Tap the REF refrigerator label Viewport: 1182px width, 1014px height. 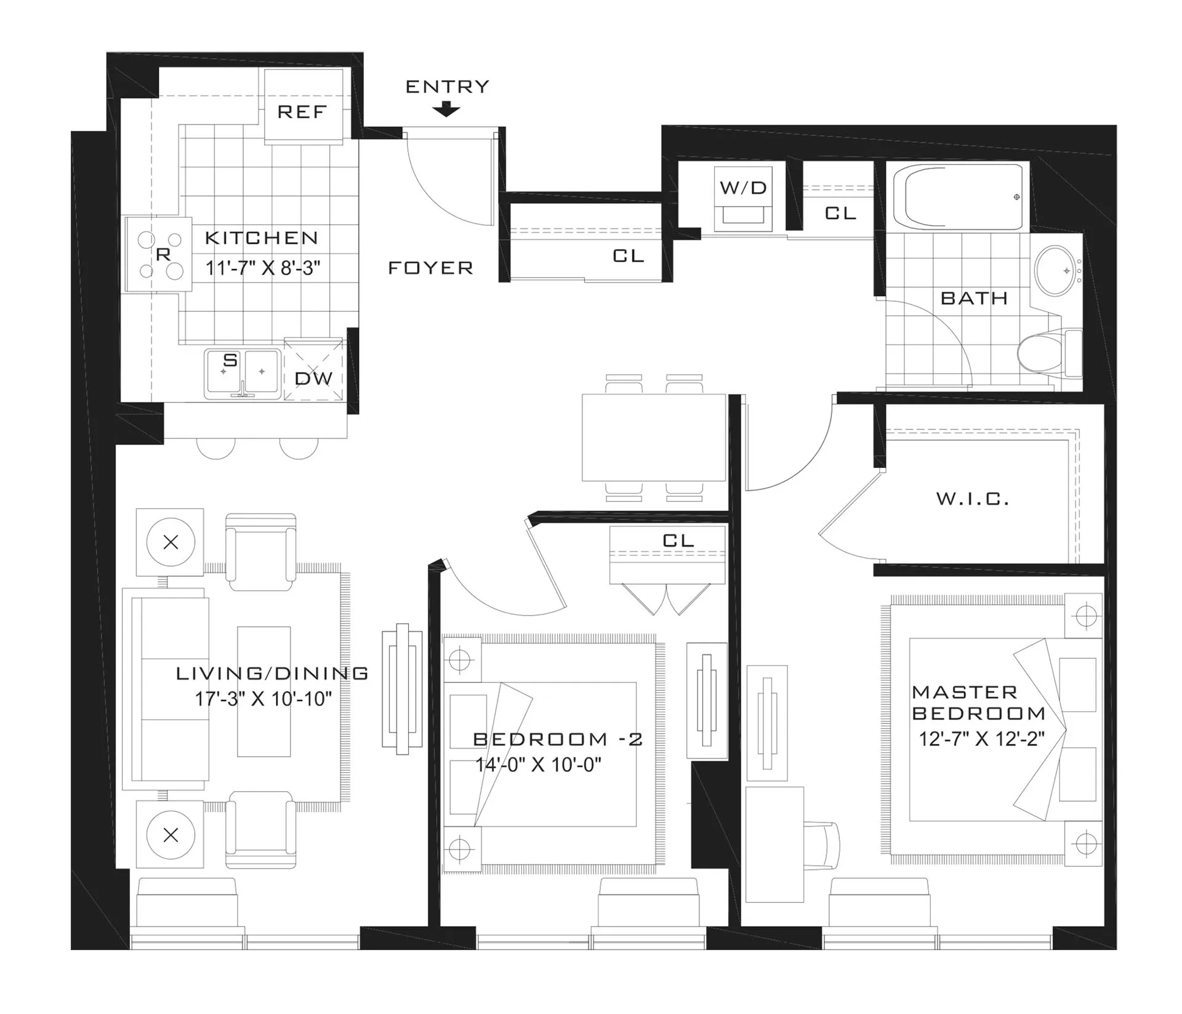[x=302, y=112]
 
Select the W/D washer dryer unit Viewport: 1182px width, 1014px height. [x=743, y=197]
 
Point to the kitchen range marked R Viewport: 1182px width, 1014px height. [x=159, y=254]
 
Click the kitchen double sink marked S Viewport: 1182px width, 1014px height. [x=243, y=372]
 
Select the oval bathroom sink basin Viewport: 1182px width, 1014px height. [x=1055, y=270]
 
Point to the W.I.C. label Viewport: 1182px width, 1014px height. [x=973, y=499]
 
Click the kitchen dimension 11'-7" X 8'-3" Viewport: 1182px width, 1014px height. [x=263, y=268]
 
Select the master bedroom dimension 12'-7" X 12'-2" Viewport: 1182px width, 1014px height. [x=981, y=739]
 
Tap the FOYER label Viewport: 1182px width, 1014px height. [x=430, y=268]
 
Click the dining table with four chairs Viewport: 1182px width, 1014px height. [x=653, y=438]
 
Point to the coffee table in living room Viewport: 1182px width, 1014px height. [x=264, y=691]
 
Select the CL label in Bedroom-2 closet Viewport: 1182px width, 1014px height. [x=678, y=541]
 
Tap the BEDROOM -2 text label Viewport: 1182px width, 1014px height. [x=558, y=739]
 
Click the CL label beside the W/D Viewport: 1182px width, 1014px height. [x=840, y=213]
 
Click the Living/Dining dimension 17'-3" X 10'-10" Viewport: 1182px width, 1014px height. [x=263, y=699]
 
